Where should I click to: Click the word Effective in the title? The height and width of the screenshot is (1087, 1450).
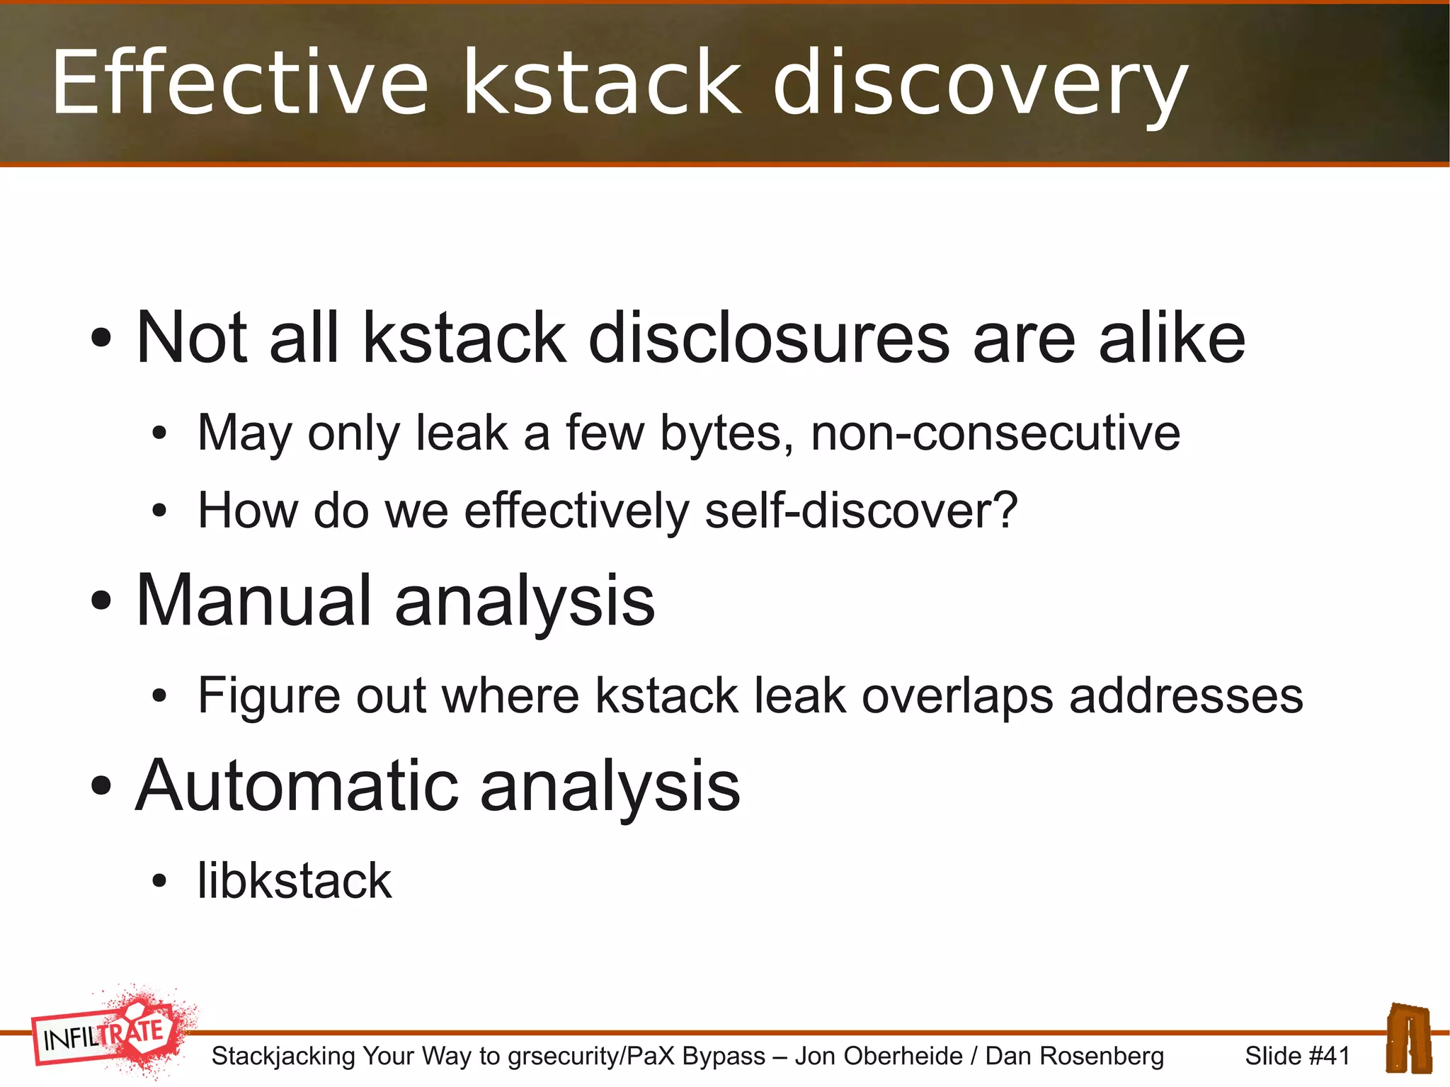(x=239, y=82)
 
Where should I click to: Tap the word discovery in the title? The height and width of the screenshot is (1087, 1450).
(x=980, y=84)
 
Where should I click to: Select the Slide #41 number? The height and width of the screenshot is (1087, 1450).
(x=1297, y=1056)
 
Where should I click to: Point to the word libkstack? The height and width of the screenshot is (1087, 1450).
(x=294, y=881)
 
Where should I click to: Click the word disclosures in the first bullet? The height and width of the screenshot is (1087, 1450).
(x=769, y=338)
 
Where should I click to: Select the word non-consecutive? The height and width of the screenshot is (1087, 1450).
(x=995, y=433)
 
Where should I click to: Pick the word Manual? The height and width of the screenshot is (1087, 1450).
(x=253, y=601)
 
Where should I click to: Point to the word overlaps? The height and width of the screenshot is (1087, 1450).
(x=957, y=695)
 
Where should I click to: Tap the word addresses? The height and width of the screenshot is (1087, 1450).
(x=1186, y=695)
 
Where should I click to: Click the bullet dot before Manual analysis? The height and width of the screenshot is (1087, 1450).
(x=101, y=602)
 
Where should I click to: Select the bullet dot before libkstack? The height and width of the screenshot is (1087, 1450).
(x=159, y=882)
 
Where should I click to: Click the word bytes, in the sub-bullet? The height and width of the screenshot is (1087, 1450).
(x=726, y=433)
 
